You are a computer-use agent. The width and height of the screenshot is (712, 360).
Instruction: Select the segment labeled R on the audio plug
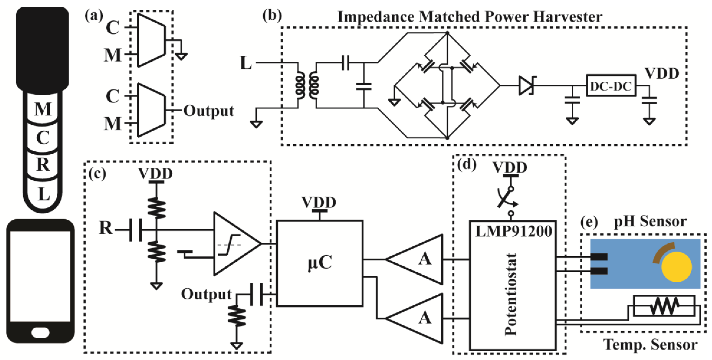[x=43, y=165]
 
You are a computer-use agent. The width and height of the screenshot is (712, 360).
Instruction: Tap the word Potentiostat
[x=511, y=294]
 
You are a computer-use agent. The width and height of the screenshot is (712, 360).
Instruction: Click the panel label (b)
[x=272, y=16]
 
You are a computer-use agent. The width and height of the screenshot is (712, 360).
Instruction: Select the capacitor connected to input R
[x=136, y=230]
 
